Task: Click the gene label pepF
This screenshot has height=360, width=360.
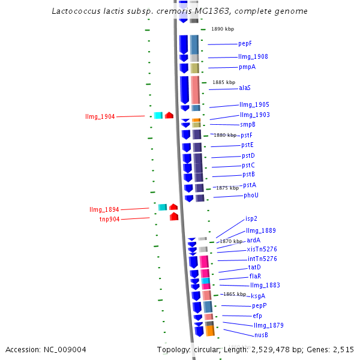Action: click(245, 43)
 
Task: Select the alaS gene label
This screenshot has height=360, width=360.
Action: click(245, 88)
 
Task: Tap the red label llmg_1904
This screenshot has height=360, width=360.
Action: click(100, 116)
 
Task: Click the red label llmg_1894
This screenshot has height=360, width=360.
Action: click(104, 209)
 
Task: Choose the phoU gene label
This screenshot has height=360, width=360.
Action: click(251, 195)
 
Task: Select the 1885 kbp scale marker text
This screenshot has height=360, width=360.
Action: click(223, 82)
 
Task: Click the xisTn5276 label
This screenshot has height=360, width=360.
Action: click(262, 249)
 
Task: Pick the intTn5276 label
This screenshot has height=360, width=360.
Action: click(262, 259)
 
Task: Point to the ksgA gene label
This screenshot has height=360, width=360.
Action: click(258, 296)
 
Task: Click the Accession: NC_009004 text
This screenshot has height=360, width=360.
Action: click(46, 349)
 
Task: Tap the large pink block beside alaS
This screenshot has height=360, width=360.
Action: click(195, 90)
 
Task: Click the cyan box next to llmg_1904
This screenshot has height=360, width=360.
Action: click(158, 115)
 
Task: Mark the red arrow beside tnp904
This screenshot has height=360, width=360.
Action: click(174, 217)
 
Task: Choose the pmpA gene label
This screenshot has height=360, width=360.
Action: click(247, 67)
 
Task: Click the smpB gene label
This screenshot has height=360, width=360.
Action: click(248, 124)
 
